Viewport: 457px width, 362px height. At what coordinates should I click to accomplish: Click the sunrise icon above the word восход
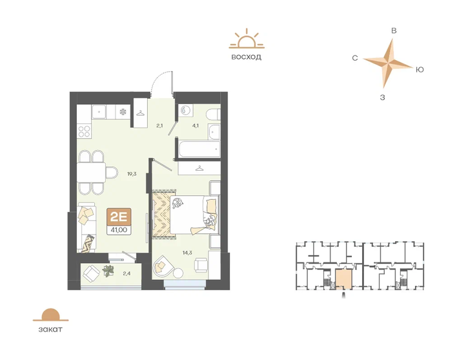point(246,40)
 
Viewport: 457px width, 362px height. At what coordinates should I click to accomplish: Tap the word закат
point(50,329)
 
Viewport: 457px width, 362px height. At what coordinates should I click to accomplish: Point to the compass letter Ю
point(420,69)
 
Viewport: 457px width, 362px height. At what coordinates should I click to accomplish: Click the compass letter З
point(383,98)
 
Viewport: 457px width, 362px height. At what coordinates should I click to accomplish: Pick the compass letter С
point(355,58)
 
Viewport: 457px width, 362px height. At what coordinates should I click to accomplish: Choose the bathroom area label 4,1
point(197,127)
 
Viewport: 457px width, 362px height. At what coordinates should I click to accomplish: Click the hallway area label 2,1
point(159,127)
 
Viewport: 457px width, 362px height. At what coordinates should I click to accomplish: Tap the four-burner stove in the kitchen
point(85,132)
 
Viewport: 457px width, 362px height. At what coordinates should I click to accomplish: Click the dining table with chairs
point(92,173)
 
